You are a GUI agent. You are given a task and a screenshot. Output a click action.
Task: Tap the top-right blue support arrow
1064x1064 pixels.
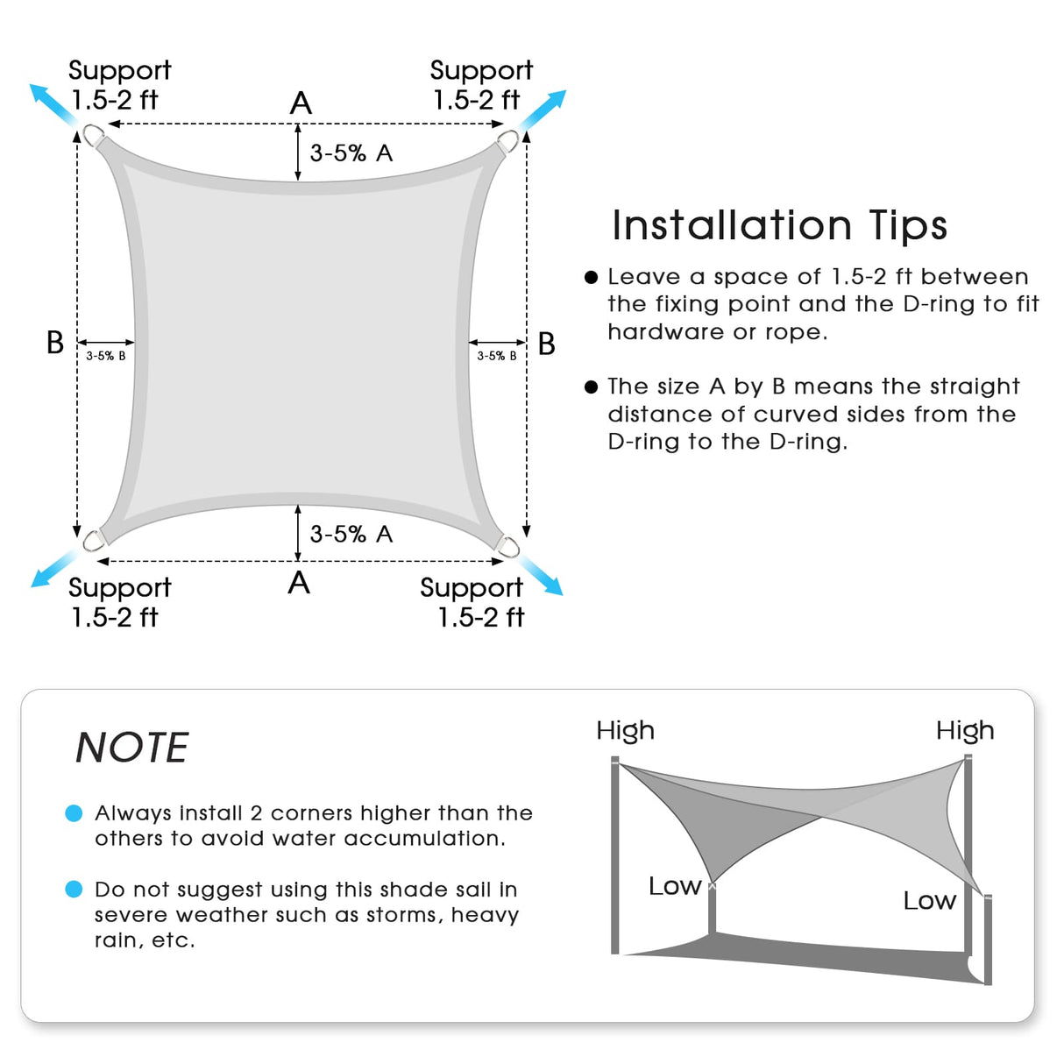[x=544, y=111]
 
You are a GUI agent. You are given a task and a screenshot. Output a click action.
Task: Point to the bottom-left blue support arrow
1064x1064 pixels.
[x=53, y=567]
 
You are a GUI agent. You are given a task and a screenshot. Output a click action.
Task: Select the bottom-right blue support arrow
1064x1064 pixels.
[x=541, y=574]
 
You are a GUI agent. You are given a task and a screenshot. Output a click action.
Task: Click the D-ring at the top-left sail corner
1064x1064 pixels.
[x=93, y=136]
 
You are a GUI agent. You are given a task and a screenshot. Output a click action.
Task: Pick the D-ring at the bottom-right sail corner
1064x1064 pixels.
[x=509, y=547]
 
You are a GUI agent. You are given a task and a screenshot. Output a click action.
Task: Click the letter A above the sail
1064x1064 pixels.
[x=301, y=103]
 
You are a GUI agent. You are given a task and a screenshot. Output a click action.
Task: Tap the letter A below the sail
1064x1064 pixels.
[x=299, y=583]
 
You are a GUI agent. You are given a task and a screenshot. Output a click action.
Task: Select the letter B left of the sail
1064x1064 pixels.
[x=55, y=343]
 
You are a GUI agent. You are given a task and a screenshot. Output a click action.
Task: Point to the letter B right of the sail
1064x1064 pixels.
[x=547, y=344]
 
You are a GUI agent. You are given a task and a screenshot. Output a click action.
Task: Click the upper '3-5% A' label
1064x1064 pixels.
[x=351, y=153]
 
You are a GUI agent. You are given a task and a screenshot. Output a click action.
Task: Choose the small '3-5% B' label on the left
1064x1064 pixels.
[x=106, y=356]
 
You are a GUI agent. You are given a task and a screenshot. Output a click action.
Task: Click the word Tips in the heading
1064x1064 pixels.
[x=908, y=226]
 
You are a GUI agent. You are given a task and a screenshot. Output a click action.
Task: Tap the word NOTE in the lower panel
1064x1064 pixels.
[x=132, y=748]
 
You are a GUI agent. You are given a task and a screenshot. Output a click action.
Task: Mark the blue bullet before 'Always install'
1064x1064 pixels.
[x=74, y=813]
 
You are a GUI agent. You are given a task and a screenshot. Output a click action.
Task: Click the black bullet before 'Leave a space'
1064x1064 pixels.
[x=591, y=277]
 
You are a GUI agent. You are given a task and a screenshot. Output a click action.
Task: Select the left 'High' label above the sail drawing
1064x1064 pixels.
[x=625, y=730]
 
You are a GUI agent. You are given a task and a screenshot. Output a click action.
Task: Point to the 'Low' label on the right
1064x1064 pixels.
[x=929, y=901]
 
